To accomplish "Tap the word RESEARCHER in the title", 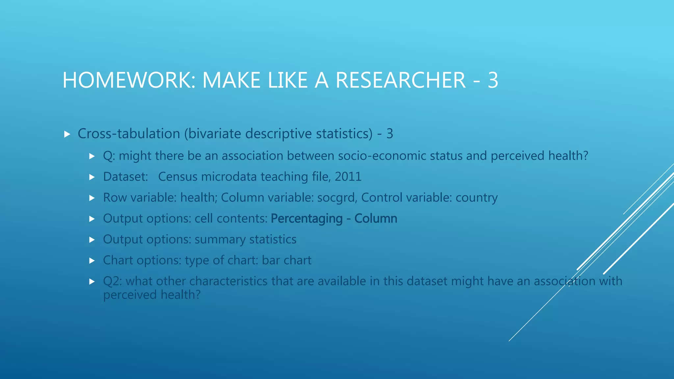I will [401, 80].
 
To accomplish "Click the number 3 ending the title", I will [493, 80].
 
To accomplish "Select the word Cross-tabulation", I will [129, 134].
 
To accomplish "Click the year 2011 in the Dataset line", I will [348, 177].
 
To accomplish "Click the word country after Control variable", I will [476, 198].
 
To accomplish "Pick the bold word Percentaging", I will [306, 218].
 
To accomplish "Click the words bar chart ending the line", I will [286, 260].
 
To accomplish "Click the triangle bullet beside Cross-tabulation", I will [67, 134].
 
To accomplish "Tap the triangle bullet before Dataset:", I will [92, 177].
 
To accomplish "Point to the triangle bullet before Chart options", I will [92, 261].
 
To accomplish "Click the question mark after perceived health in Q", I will [585, 156].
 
